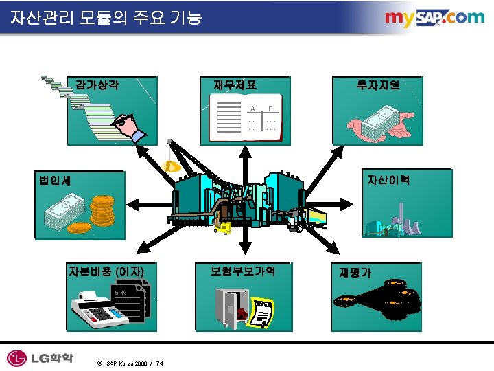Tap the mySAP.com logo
point(434,18)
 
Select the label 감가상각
point(98,86)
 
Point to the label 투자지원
point(378,86)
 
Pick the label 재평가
point(355,272)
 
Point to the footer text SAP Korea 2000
point(128,363)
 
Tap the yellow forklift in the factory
point(222,225)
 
